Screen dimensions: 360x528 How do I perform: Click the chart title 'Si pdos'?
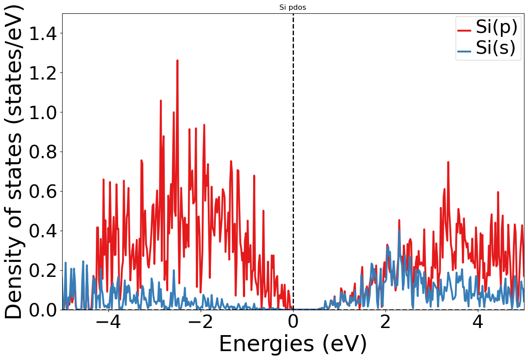[293, 8]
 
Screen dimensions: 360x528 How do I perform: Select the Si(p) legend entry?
[496, 28]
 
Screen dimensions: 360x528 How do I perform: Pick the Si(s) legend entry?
[496, 48]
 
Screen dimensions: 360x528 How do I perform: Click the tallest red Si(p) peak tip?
[177, 60]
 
